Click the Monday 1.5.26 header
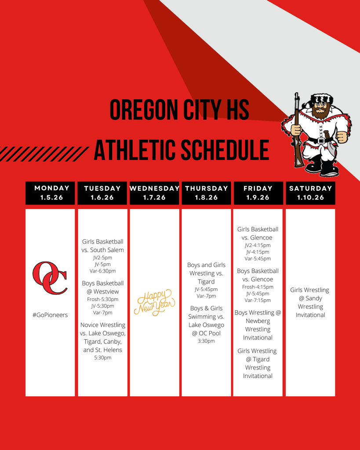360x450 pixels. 50,193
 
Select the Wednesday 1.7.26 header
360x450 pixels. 154,193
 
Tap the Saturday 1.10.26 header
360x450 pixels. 310,193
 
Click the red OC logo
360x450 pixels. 50,278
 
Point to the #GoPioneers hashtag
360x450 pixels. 50,315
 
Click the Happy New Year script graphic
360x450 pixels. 154,302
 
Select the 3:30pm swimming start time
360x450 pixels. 206,341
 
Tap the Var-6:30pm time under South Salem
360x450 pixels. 102,271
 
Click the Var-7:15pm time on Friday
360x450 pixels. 258,300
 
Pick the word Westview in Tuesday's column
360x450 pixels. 106,292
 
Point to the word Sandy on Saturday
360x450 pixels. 314,298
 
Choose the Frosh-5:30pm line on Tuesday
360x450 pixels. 102,299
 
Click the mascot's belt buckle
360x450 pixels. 320,141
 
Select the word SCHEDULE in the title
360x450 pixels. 225,150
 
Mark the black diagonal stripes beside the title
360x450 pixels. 43,154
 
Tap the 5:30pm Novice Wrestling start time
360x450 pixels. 102,358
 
